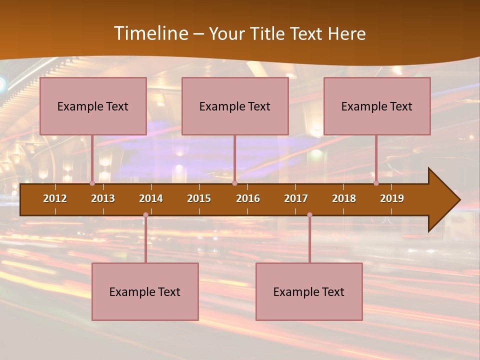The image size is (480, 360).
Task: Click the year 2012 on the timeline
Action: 55,198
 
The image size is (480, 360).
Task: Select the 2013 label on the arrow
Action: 103,198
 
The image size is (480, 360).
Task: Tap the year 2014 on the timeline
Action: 151,198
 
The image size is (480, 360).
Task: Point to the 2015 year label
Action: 199,198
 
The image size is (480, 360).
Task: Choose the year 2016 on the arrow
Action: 248,198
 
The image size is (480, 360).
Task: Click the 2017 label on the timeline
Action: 296,198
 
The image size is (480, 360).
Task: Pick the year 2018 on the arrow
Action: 344,198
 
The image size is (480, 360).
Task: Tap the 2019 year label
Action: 392,198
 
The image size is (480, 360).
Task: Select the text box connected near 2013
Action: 93,106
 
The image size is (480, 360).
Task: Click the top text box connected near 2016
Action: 235,106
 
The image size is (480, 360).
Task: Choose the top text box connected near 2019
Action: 377,106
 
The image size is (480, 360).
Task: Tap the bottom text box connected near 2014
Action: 145,291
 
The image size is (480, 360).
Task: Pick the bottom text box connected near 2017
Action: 309,291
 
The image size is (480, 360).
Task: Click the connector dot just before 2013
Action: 92,183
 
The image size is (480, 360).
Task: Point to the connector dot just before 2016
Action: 234,183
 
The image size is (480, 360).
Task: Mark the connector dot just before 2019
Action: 376,183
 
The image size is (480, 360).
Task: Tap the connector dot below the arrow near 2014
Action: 145,215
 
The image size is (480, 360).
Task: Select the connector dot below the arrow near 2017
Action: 309,215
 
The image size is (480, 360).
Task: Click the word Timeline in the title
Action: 150,33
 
